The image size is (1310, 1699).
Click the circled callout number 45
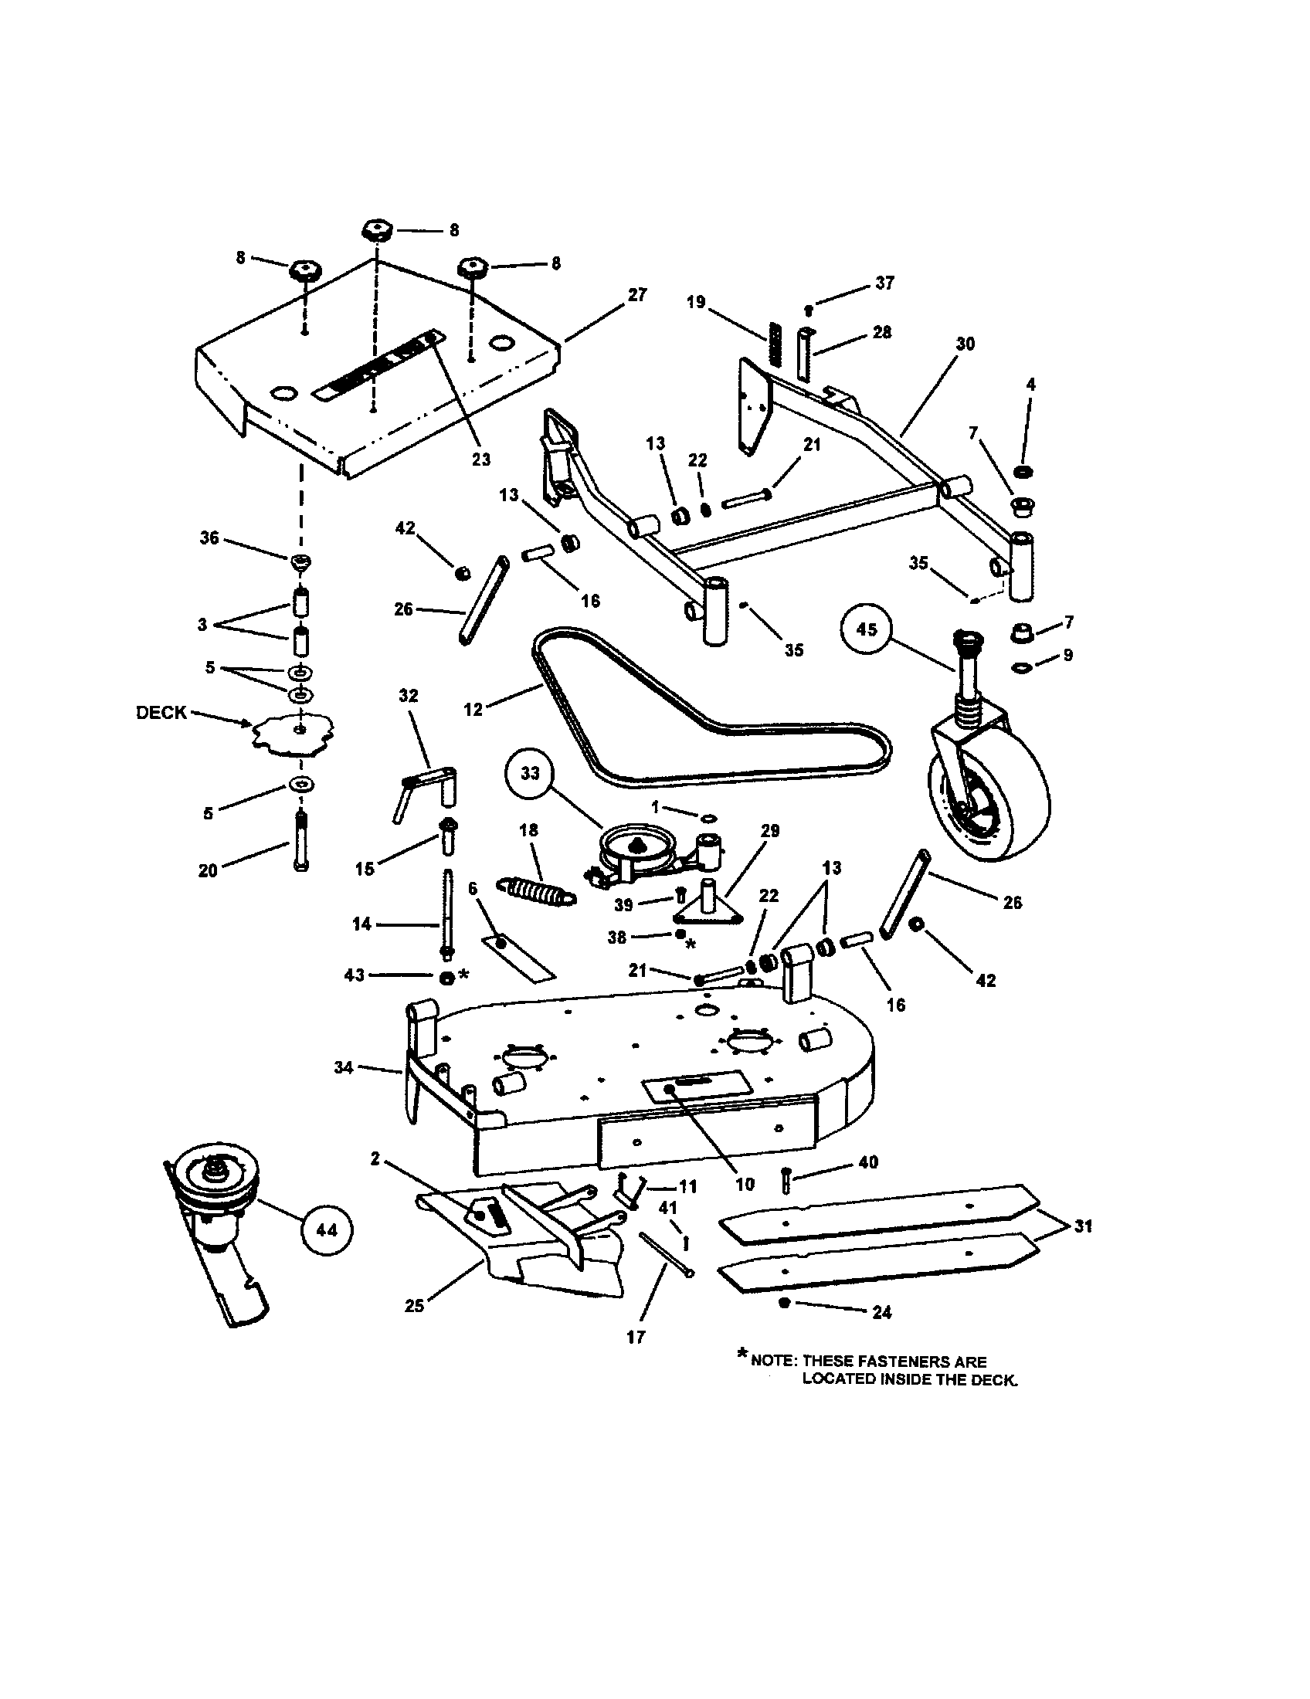click(x=866, y=629)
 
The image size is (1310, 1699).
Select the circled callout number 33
click(x=529, y=773)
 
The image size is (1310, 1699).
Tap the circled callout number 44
click(x=326, y=1230)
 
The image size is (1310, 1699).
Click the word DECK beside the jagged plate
click(x=161, y=713)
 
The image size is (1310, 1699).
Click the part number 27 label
click(x=636, y=295)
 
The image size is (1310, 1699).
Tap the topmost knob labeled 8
click(x=375, y=230)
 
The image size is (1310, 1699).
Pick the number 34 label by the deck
click(x=344, y=1067)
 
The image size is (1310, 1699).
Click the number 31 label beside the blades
click(x=1082, y=1227)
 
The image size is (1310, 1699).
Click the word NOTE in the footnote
click(x=773, y=1362)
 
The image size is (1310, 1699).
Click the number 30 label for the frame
click(x=965, y=344)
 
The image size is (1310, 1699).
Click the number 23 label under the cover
click(x=480, y=459)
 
